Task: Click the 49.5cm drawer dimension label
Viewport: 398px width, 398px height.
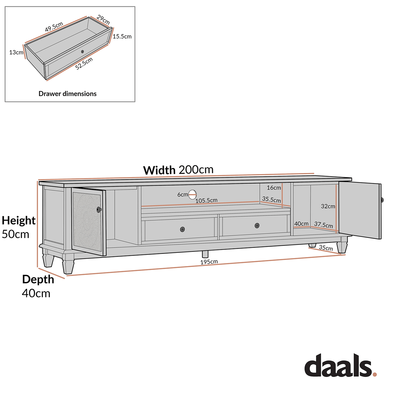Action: [x=54, y=26]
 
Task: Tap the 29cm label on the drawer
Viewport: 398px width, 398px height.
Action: [x=103, y=20]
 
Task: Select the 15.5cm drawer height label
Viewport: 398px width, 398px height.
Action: [x=122, y=36]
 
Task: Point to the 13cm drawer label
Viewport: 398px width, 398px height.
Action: [x=16, y=52]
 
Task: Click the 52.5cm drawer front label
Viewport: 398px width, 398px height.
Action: [x=84, y=64]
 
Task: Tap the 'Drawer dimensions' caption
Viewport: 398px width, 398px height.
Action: [x=67, y=94]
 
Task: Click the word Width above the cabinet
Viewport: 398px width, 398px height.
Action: [x=159, y=170]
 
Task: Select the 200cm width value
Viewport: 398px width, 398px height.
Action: [x=196, y=170]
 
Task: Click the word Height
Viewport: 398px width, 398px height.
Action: [x=19, y=221]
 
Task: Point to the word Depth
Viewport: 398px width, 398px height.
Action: [x=38, y=279]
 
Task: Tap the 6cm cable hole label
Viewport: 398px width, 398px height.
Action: [x=182, y=195]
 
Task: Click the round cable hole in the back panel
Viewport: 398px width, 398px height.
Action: [x=193, y=194]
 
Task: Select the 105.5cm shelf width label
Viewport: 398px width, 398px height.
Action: [x=206, y=201]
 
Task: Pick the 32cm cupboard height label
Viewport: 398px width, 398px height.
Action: [x=328, y=206]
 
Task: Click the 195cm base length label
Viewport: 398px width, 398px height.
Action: [x=209, y=262]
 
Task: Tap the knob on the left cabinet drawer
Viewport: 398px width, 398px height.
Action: [x=182, y=229]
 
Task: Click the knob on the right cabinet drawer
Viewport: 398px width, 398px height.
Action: [x=257, y=225]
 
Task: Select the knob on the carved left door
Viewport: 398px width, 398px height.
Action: [x=99, y=210]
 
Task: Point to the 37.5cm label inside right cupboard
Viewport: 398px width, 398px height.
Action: [x=323, y=225]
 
